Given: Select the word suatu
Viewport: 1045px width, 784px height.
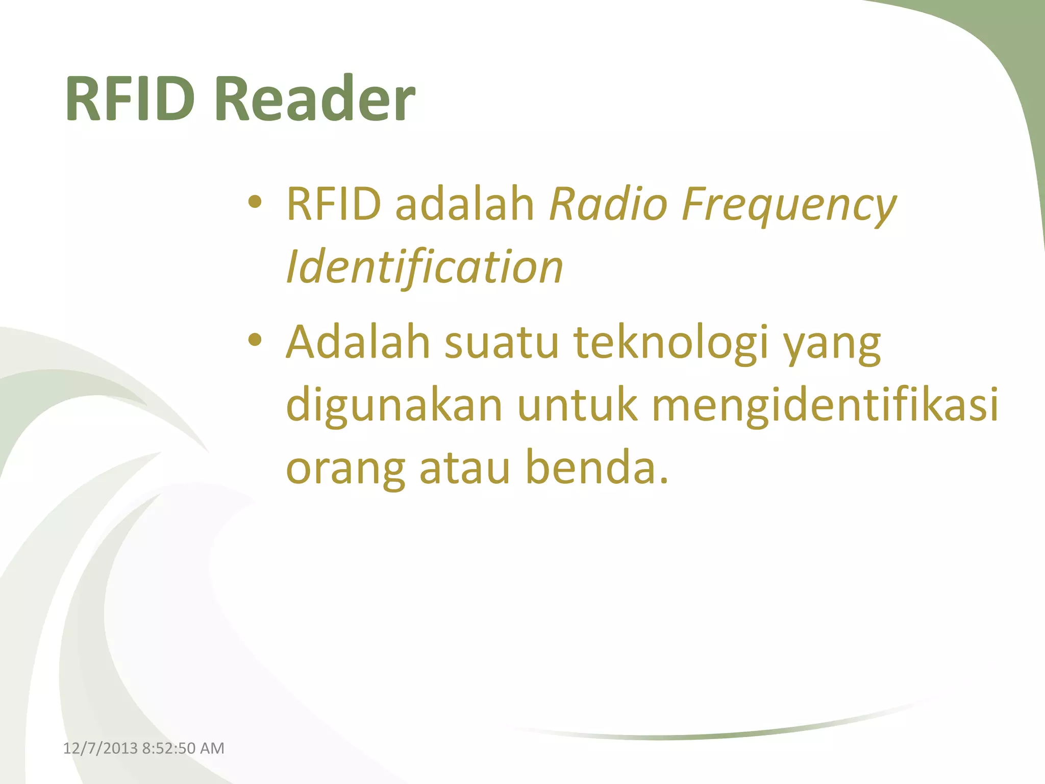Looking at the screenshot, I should tap(502, 343).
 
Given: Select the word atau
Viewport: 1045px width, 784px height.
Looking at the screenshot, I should tap(465, 469).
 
